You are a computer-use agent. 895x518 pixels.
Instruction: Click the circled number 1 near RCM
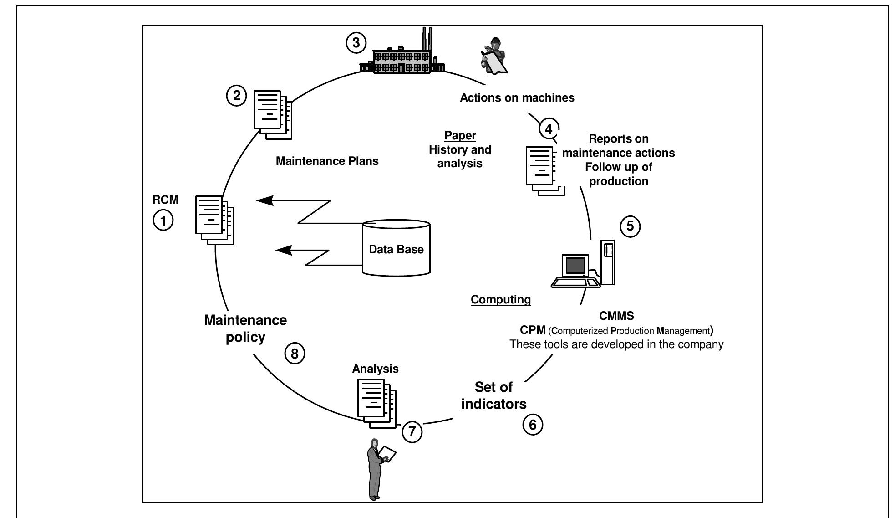[x=163, y=221]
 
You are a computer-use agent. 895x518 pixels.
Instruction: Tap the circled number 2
[x=237, y=96]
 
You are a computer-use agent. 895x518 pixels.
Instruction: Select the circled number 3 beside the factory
[x=356, y=43]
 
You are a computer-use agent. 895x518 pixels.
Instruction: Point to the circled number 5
[x=630, y=226]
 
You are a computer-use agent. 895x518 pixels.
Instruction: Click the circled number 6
[x=533, y=425]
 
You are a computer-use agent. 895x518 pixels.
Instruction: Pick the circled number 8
[x=295, y=354]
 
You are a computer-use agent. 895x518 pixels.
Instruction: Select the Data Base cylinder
[x=396, y=248]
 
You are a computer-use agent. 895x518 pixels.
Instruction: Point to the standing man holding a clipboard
[x=376, y=469]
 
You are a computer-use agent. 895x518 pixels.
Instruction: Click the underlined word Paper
[x=460, y=135]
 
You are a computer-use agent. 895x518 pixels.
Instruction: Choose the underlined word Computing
[x=500, y=299]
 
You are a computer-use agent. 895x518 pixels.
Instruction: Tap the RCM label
[x=165, y=200]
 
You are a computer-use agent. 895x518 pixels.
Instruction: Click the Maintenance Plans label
[x=327, y=161]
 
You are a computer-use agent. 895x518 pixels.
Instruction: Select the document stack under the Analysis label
[x=376, y=403]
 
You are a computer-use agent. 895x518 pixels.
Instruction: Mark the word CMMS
[x=616, y=315]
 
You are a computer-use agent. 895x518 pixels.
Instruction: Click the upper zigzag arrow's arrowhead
[x=265, y=200]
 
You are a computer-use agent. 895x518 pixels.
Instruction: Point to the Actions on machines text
[x=517, y=97]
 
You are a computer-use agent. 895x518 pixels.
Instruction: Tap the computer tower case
[x=608, y=262]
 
